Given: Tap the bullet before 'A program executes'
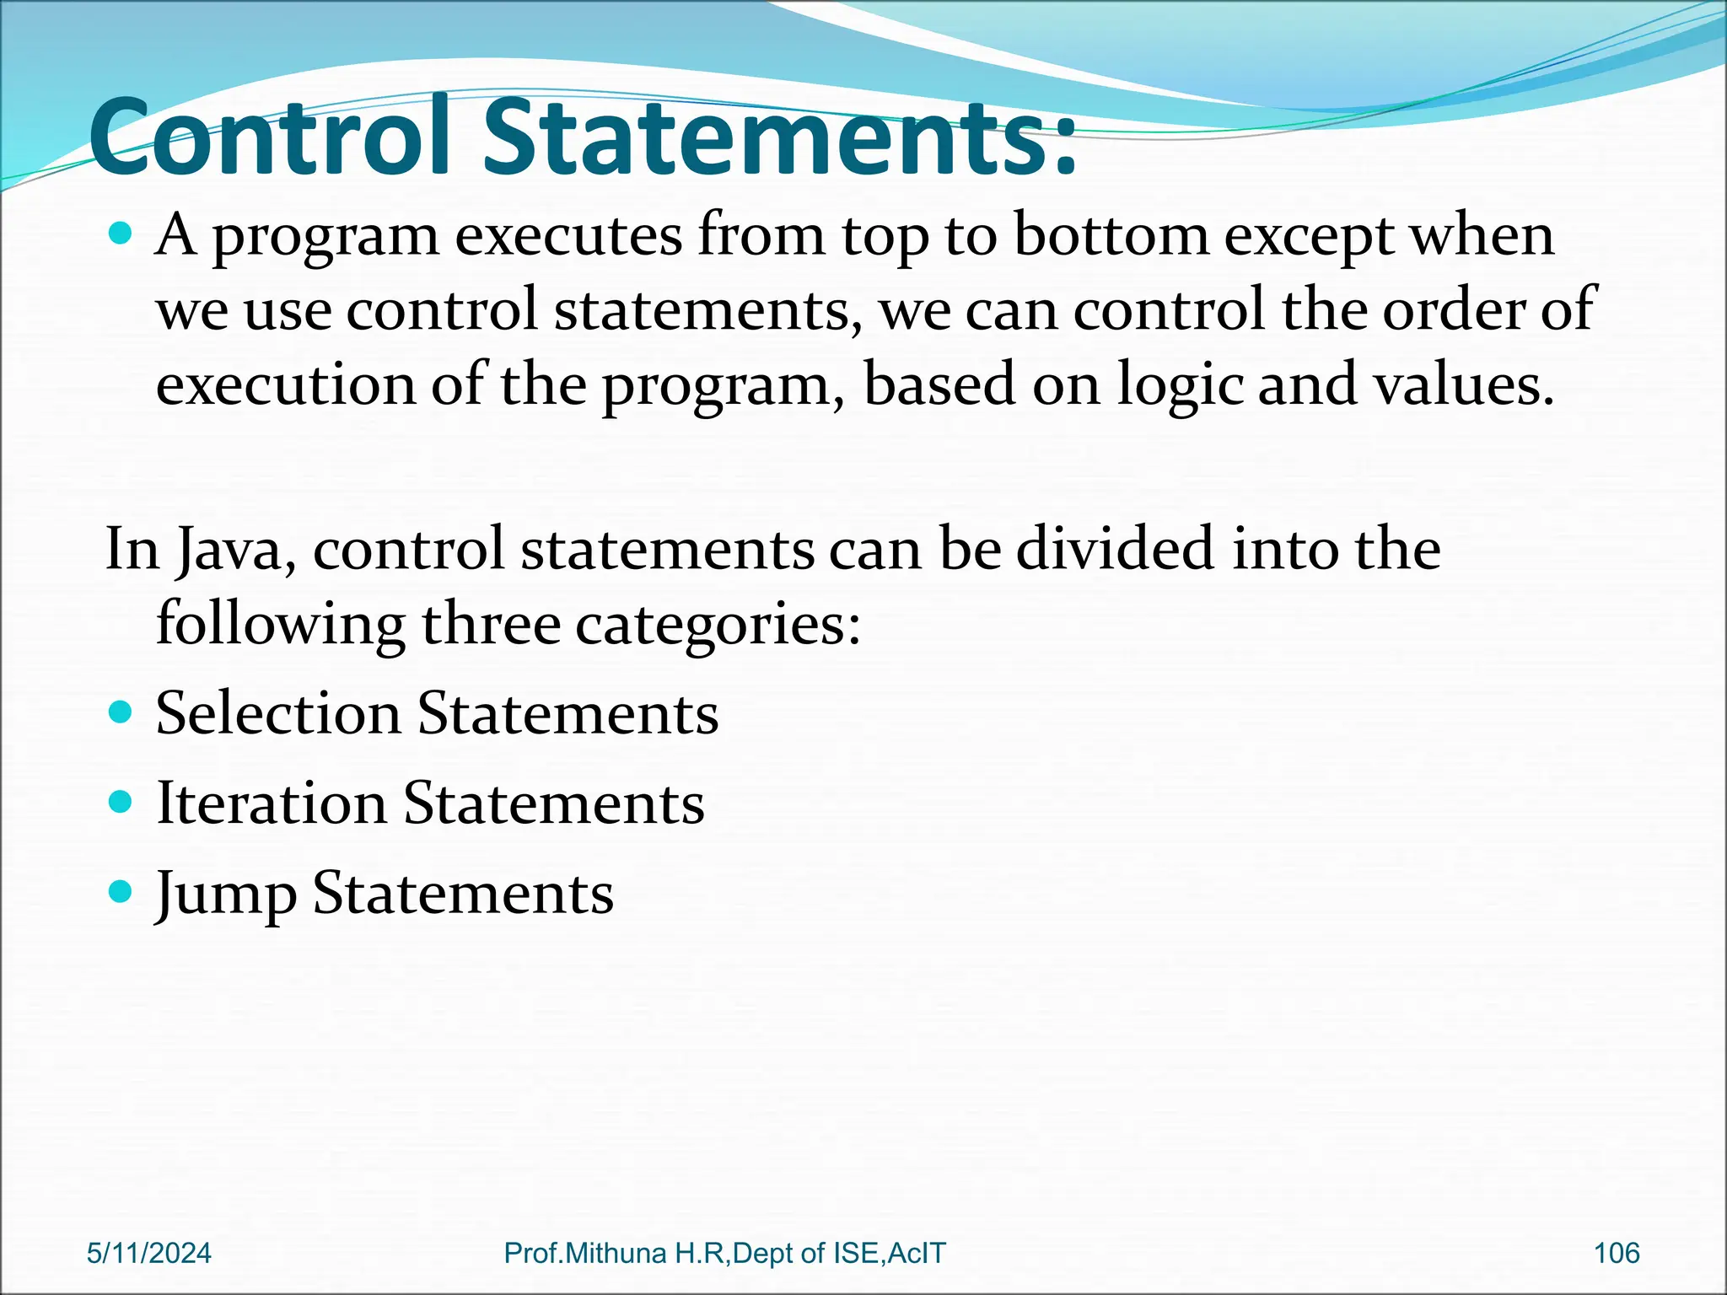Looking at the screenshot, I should coord(121,234).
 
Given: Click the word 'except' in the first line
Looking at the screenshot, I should coord(1310,237).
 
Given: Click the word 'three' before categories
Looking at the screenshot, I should coord(491,625).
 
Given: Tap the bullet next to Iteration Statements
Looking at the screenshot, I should coord(121,801).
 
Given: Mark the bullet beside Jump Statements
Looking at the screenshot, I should coord(121,890).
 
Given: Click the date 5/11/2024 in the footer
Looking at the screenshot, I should coord(149,1253).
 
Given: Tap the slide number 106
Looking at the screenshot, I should coord(1616,1253).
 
